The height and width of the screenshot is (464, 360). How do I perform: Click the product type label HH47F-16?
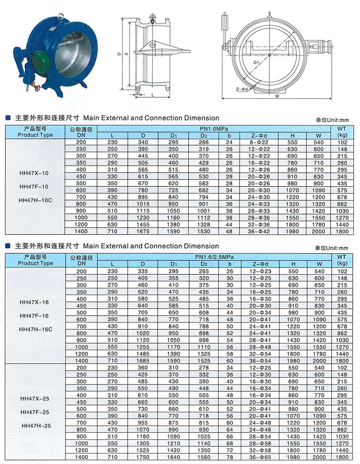[x=36, y=316]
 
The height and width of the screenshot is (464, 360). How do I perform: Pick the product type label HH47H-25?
[x=36, y=425]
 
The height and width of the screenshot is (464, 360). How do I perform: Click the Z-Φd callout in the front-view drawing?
[x=242, y=89]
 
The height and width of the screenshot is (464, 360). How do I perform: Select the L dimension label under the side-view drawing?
[x=153, y=95]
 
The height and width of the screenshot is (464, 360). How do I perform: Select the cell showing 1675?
[x=143, y=231]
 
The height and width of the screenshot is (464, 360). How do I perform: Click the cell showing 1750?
[x=143, y=457]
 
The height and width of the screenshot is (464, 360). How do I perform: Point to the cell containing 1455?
[x=143, y=224]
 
